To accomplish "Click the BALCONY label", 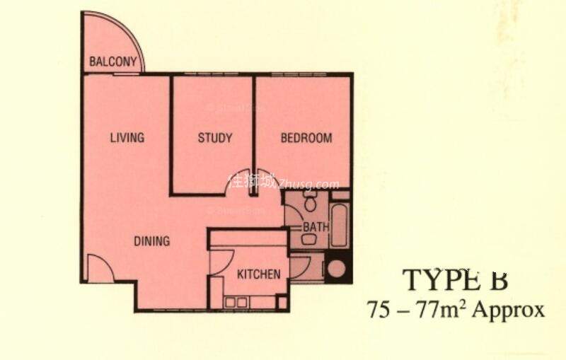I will [113, 62].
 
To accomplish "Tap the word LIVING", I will [127, 138].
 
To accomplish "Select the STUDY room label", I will [214, 138].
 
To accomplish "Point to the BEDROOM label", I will [306, 138].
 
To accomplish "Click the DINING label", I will [152, 241].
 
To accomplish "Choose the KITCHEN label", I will [258, 274].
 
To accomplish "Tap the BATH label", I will [315, 227].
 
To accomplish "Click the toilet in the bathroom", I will [309, 203].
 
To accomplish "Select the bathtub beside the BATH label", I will [340, 224].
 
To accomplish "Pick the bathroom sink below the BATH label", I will [308, 240].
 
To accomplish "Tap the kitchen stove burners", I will [236, 303].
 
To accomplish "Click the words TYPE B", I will [456, 280].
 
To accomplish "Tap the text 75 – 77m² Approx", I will [456, 310].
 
